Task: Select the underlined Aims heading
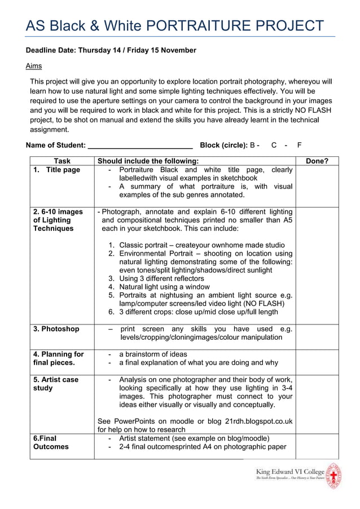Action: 34,66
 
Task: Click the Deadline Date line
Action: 111,50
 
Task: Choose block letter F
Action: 299,145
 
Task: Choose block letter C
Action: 274,145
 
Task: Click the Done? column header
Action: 317,161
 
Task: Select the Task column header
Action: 62,161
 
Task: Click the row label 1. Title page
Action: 56,170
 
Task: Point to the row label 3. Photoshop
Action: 56,329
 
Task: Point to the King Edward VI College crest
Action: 335,475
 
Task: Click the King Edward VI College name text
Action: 290,472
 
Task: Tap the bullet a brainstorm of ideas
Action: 153,354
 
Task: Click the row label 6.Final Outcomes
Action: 51,442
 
